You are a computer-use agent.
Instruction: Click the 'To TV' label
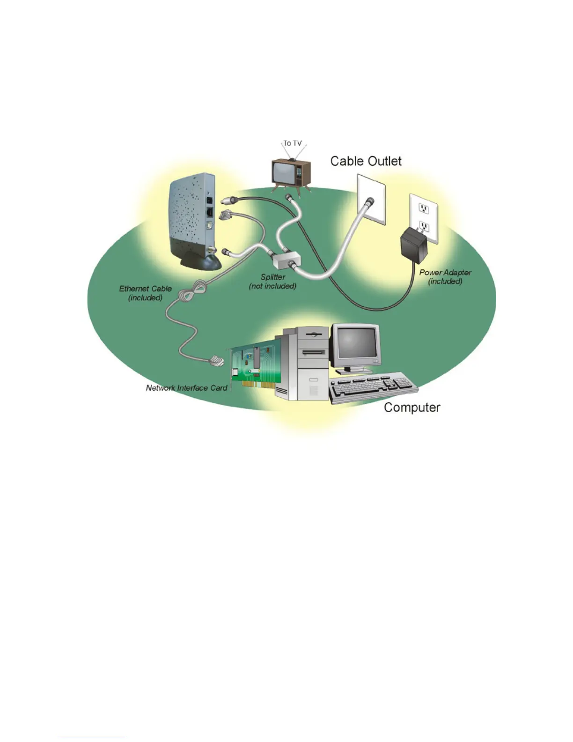pos(293,143)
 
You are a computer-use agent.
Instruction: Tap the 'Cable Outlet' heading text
pos(366,161)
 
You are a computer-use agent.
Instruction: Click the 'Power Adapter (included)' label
pos(445,277)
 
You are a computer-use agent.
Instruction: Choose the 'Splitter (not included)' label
pos(272,282)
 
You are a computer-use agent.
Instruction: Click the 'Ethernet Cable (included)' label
pos(145,293)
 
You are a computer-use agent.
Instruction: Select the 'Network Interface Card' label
pos(186,388)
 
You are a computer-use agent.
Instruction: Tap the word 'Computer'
pos(412,408)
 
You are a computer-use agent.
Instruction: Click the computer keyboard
pos(372,386)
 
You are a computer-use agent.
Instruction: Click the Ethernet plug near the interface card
pos(216,361)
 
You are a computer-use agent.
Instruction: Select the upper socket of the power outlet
pos(424,208)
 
